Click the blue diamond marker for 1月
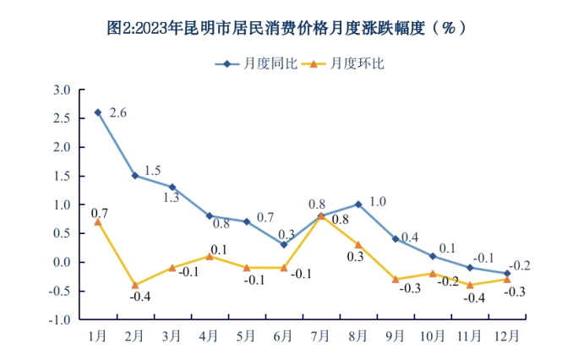point(98,112)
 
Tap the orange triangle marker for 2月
point(135,285)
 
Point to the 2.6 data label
point(118,113)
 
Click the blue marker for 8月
point(358,205)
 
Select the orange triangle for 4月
point(210,256)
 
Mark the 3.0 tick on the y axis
point(62,90)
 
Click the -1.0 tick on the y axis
point(60,320)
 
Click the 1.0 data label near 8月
point(378,202)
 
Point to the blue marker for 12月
point(507,273)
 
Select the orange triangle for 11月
point(470,285)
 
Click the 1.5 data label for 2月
point(153,171)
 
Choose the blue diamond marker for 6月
point(284,245)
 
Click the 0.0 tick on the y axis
point(62,262)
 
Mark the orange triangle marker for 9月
point(396,279)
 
